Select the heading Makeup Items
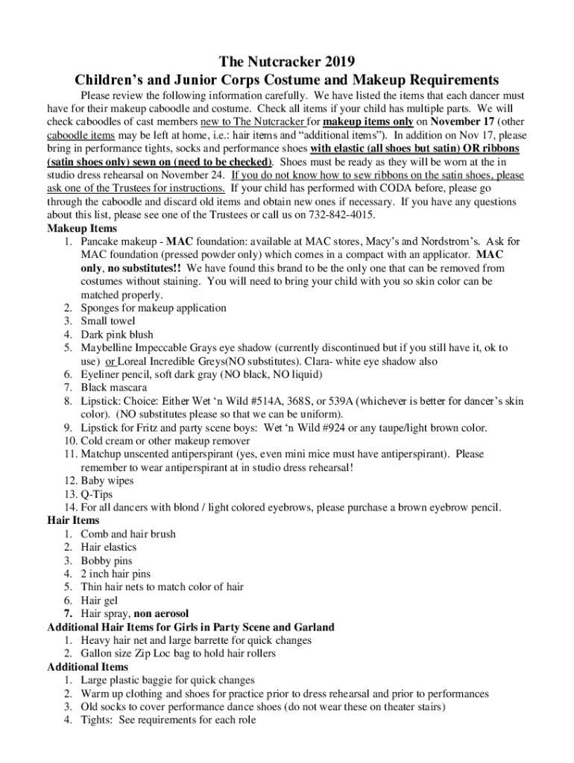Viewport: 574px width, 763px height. point(82,229)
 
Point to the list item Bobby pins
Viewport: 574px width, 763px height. point(107,560)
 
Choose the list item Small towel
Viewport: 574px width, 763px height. point(108,321)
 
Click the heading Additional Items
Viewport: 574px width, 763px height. point(87,667)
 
